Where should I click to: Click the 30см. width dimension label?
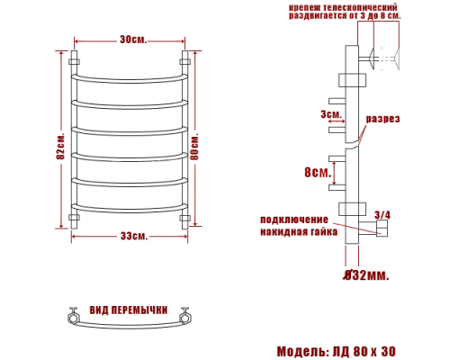tap(133, 40)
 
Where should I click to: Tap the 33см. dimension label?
tap(134, 236)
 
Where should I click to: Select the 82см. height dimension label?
tap(60, 146)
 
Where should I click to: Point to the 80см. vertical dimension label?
tap(195, 147)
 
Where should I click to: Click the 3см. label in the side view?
tap(331, 114)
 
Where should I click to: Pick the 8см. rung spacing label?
tap(318, 172)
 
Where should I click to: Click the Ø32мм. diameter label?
tap(366, 274)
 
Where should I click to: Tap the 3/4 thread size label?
tap(382, 215)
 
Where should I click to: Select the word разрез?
tap(382, 119)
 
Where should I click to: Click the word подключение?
tap(294, 220)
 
